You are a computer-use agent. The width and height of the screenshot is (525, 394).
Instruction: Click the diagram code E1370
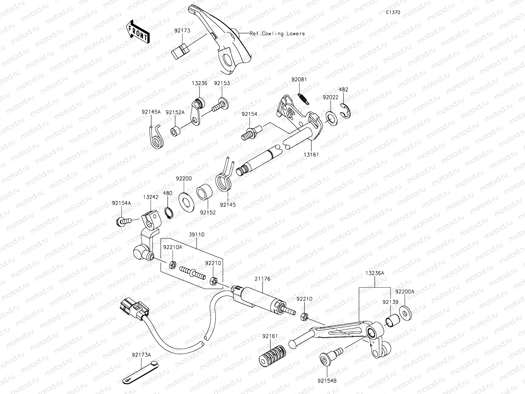(x=393, y=12)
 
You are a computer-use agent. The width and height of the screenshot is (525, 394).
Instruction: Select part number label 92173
(x=182, y=31)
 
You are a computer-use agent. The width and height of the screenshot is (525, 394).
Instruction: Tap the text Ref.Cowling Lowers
(x=277, y=33)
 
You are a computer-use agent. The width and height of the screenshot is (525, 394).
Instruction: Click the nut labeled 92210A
(x=172, y=265)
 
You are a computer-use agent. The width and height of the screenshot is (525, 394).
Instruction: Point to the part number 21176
(x=262, y=279)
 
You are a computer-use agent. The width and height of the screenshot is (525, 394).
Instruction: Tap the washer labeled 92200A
(x=406, y=313)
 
